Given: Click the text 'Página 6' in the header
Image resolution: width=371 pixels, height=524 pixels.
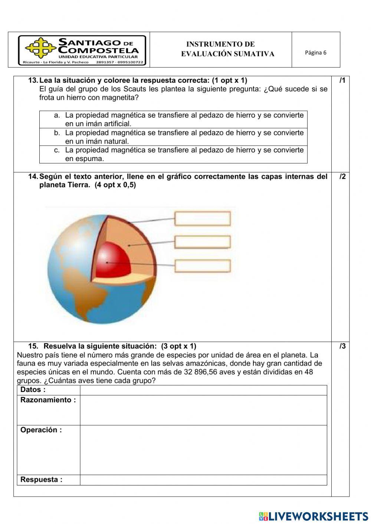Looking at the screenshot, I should [315, 53].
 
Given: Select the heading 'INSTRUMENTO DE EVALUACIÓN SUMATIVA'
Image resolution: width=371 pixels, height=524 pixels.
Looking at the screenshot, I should [227, 49].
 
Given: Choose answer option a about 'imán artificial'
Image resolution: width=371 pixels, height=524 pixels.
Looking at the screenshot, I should [173, 119].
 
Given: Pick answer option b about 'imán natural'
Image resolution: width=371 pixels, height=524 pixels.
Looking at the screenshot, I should [173, 137].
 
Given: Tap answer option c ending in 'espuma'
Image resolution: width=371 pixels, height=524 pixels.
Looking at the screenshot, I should [173, 154].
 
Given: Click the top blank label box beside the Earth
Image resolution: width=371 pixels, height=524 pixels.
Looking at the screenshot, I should [203, 219].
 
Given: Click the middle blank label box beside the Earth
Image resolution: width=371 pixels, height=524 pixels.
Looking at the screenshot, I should [203, 242].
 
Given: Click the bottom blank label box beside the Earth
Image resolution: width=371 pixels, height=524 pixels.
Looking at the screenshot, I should [203, 266].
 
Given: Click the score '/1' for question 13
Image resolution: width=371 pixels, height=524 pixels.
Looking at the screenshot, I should [342, 80].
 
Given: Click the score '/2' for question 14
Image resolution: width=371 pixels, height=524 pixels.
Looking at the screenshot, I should [342, 177].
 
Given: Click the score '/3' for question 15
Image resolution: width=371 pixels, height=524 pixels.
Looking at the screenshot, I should [342, 346].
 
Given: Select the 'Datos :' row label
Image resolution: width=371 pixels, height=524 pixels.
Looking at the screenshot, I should [33, 390].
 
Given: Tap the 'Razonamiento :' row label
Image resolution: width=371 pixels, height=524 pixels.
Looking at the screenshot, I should [48, 400].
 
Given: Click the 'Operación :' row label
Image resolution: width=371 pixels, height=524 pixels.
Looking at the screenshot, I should [41, 430].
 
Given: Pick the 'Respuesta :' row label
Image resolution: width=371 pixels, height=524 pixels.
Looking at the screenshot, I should [41, 480].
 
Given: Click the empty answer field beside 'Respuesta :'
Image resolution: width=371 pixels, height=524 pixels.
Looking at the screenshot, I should [203, 480].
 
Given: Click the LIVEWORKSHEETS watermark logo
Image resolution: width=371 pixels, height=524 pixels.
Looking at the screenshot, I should [313, 516].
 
